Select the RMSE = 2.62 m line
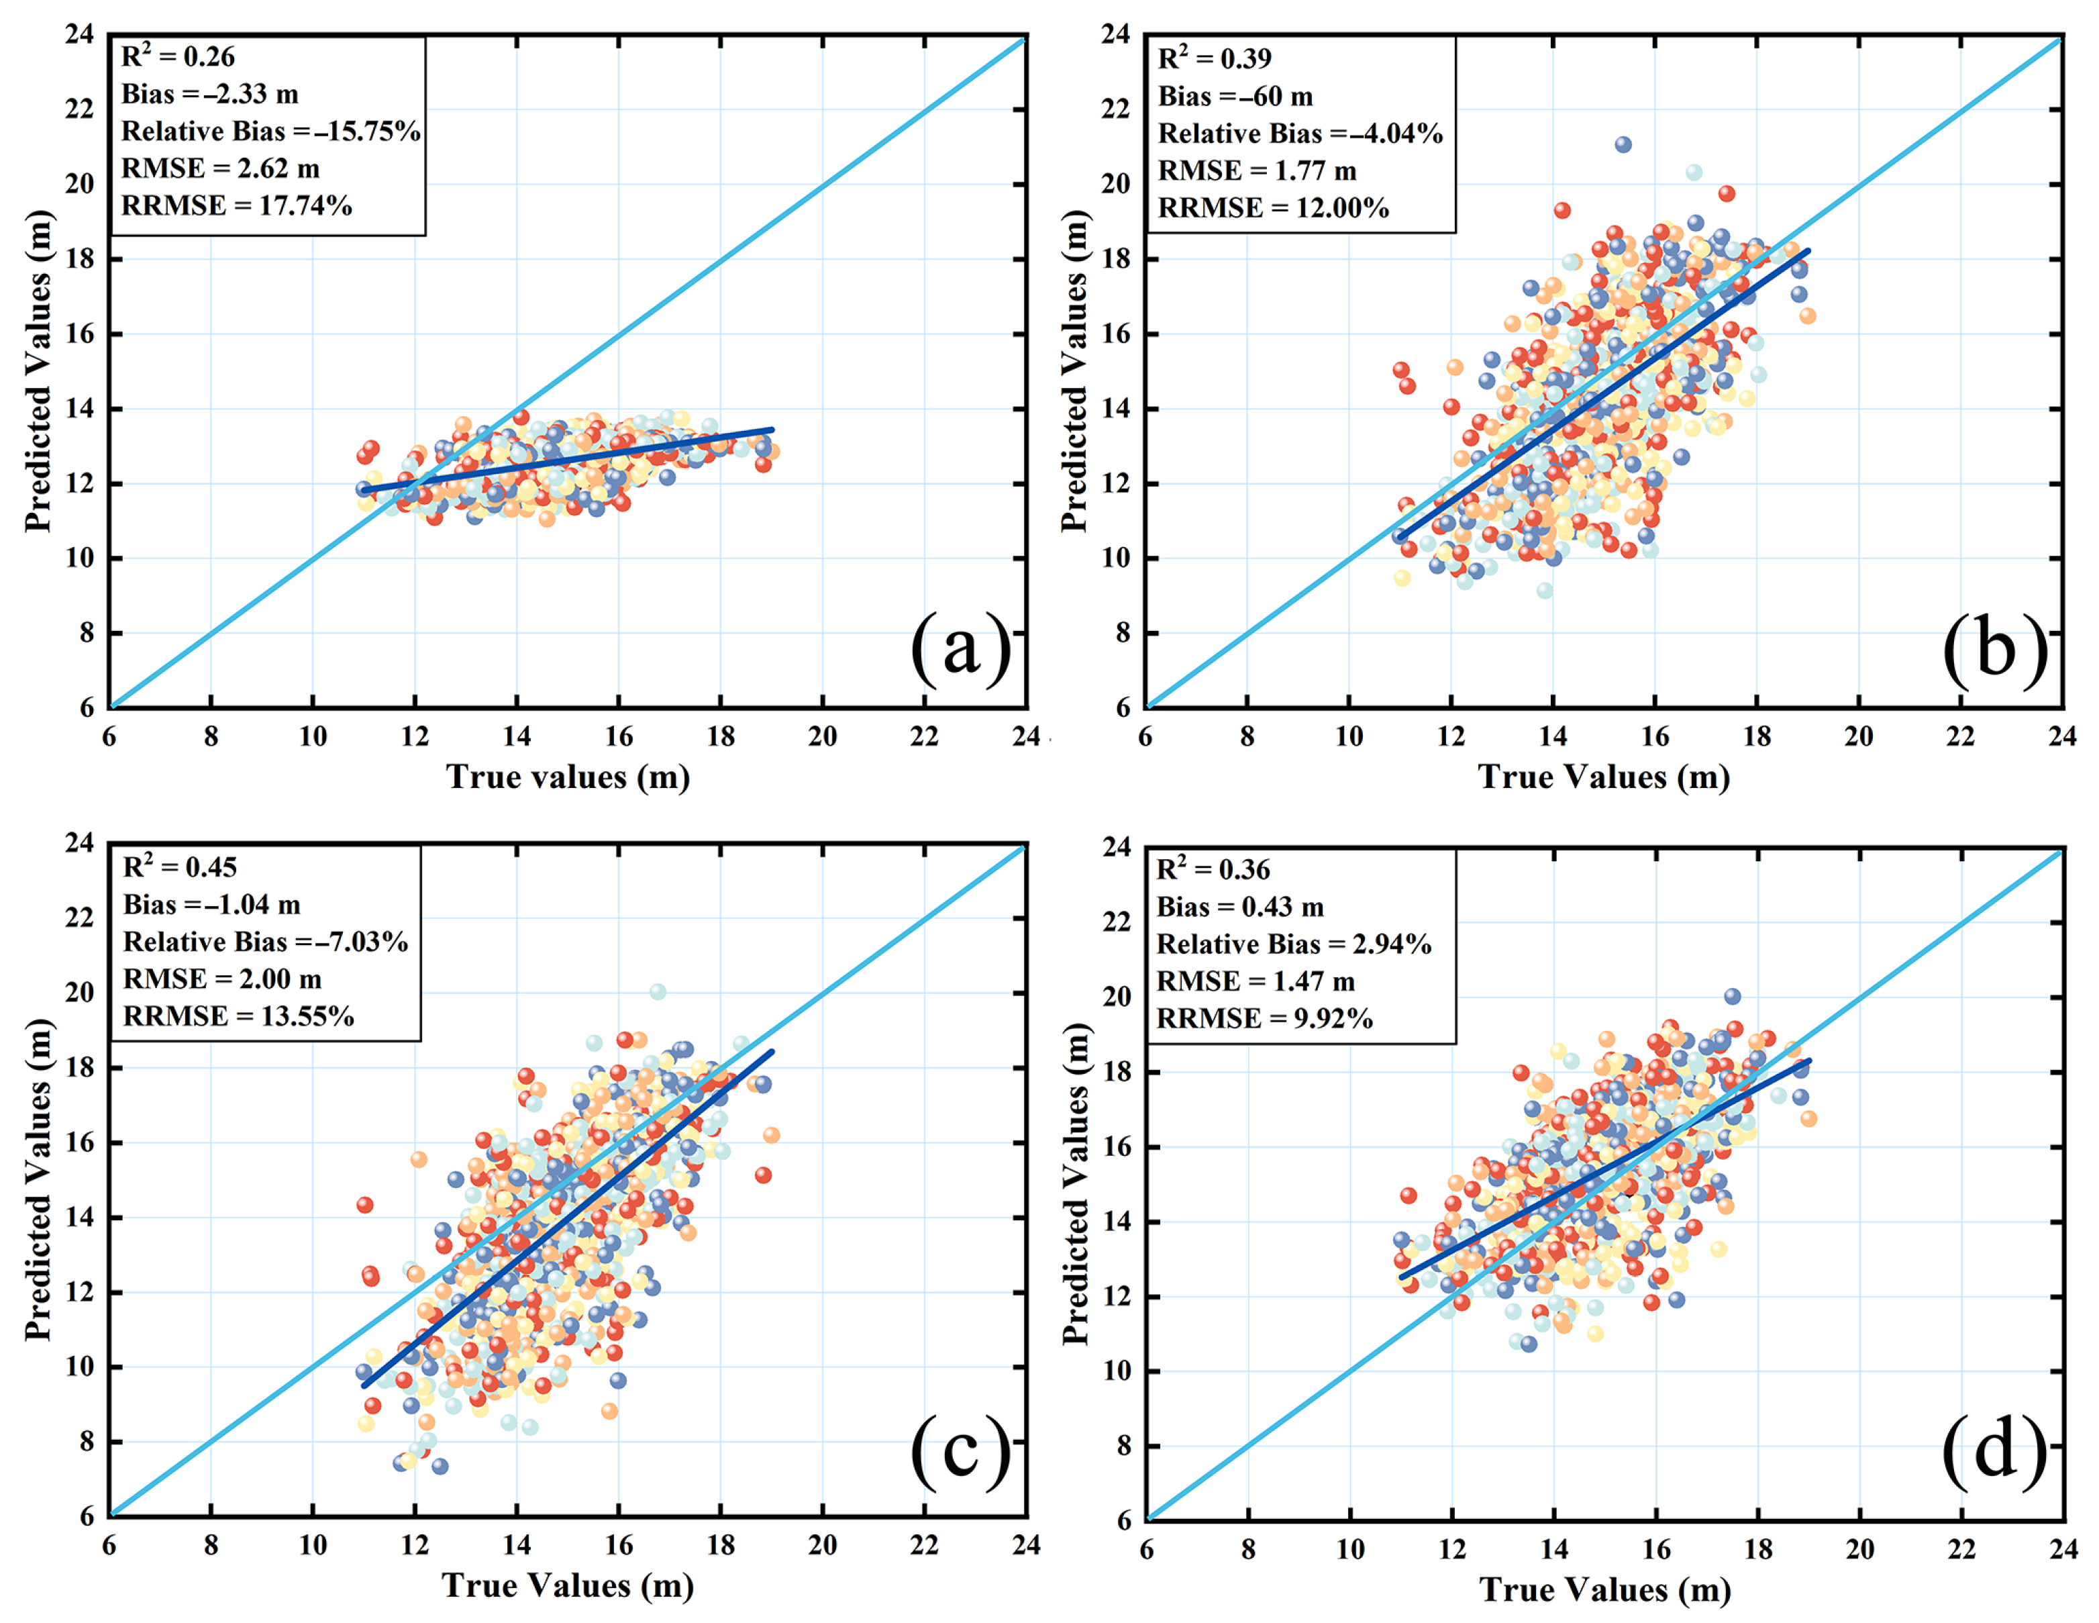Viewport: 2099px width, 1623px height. coord(220,168)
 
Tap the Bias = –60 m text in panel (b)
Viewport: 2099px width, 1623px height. coord(1235,96)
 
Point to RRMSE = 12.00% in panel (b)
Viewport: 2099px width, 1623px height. coord(1274,207)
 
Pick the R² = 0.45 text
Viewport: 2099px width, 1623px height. coord(180,867)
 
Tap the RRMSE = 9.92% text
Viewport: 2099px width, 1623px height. coord(1264,1019)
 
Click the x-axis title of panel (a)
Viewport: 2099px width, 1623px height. coord(568,777)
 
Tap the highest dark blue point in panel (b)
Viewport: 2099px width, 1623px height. coord(1623,144)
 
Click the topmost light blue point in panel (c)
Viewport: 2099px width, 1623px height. coord(658,991)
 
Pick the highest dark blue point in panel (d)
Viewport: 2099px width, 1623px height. coord(1732,996)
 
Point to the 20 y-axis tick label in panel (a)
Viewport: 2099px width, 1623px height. coord(81,184)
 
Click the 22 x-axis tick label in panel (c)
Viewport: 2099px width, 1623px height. coord(925,1545)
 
